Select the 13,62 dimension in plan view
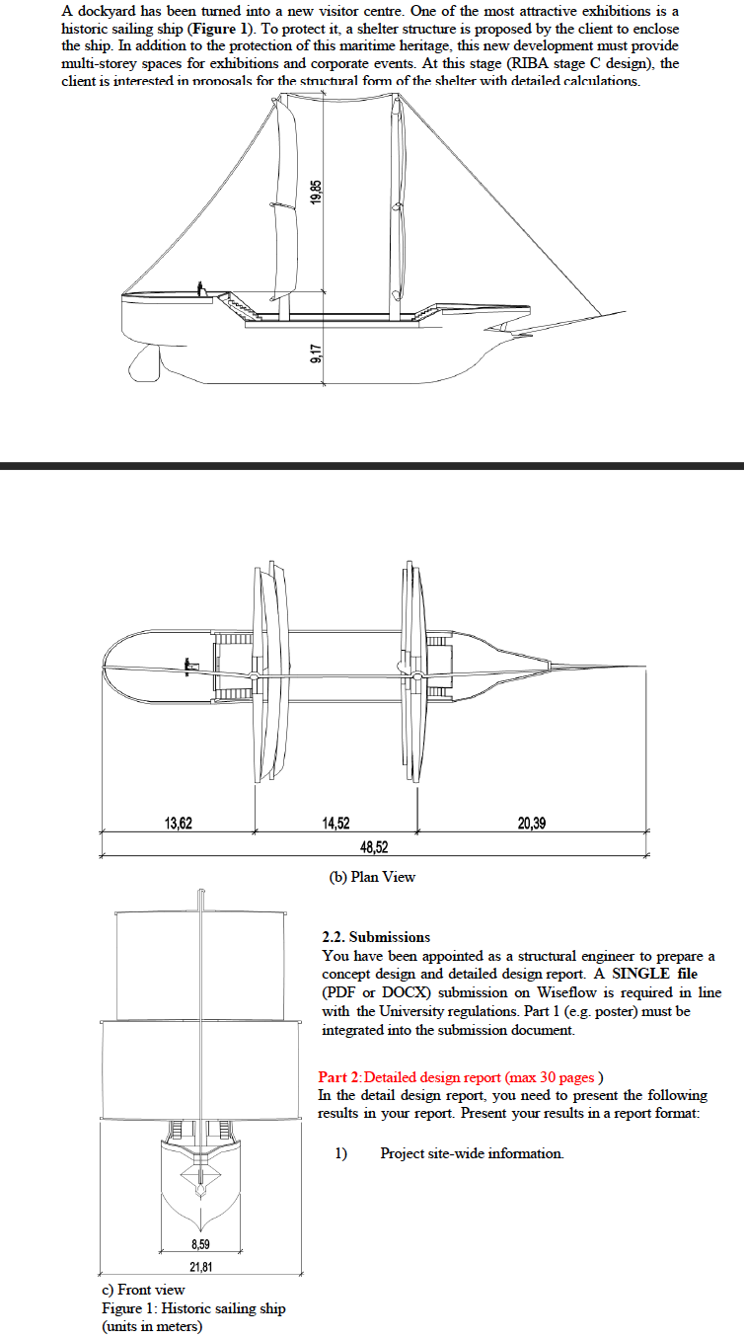tap(178, 823)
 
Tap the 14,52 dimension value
tap(335, 823)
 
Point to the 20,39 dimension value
tap(531, 823)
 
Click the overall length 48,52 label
tap(373, 846)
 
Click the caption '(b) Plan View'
tap(372, 877)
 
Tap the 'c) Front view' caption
tap(144, 1290)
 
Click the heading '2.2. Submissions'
tap(376, 937)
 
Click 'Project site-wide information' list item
tap(472, 1153)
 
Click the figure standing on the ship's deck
tap(200, 288)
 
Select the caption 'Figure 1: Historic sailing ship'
tap(193, 1308)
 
